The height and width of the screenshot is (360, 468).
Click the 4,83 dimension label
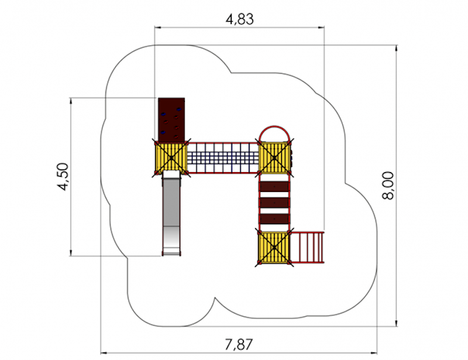[x=240, y=20]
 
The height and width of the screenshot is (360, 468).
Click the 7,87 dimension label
[x=239, y=344]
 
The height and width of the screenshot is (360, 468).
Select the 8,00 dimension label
[x=388, y=186]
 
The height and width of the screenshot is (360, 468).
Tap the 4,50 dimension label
[x=63, y=177]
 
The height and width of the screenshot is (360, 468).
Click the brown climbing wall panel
[x=171, y=119]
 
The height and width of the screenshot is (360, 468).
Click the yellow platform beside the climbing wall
[x=171, y=157]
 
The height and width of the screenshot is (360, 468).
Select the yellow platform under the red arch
[x=274, y=157]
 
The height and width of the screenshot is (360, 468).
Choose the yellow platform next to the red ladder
[x=274, y=247]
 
